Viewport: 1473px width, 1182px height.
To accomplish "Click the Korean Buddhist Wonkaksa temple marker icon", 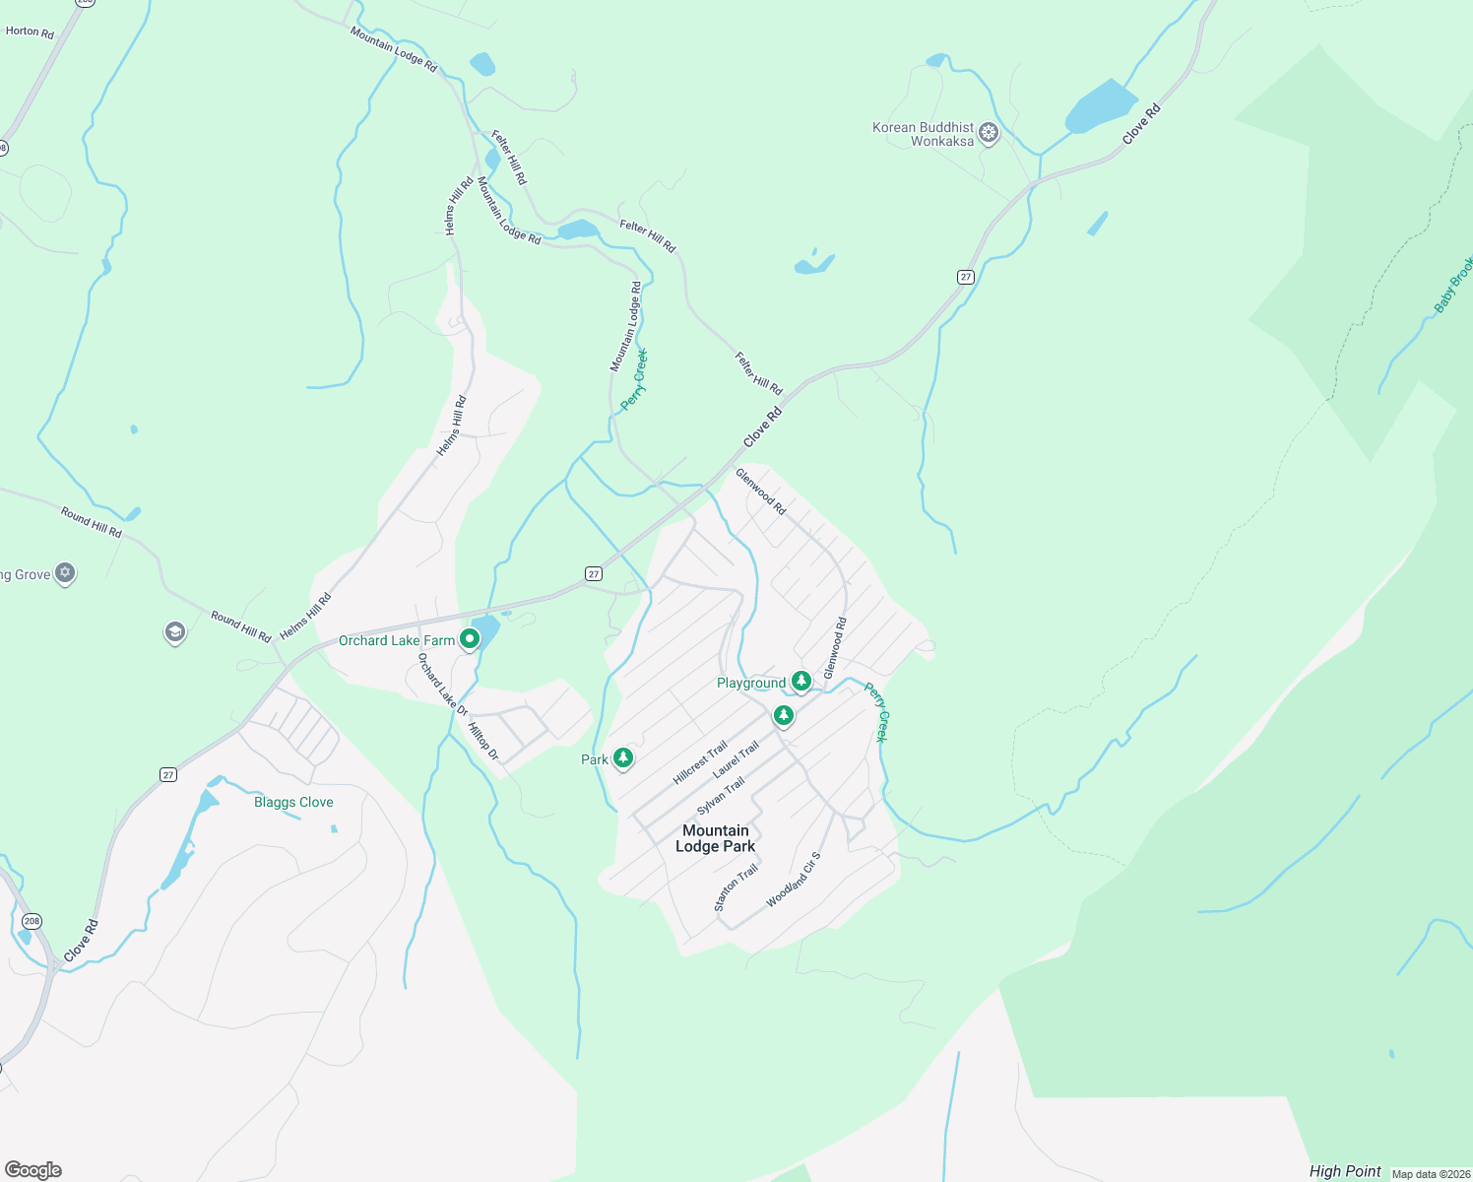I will click(989, 133).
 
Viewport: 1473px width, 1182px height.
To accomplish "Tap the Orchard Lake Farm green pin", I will click(470, 639).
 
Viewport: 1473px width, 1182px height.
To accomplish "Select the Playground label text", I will click(751, 683).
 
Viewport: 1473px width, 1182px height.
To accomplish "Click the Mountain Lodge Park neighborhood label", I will click(716, 838).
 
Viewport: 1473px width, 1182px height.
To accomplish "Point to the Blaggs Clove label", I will click(293, 802).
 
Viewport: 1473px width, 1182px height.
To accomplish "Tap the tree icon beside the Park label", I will click(622, 757).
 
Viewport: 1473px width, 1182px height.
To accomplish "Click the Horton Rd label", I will click(30, 32).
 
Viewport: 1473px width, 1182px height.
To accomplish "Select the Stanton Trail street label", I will click(736, 887).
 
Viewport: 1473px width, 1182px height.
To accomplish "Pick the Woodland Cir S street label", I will click(794, 880).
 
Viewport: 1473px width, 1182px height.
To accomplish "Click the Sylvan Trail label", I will click(721, 796).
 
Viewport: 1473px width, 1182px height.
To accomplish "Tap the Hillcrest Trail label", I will click(700, 762).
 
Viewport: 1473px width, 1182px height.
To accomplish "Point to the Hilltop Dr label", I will click(482, 742).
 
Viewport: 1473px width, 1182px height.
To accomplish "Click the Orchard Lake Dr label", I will click(442, 683).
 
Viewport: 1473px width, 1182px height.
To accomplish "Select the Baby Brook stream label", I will click(1453, 285).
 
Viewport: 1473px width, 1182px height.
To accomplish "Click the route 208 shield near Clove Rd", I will click(32, 922).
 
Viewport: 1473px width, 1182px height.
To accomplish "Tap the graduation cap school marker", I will click(175, 632).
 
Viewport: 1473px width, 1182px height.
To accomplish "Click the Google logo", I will click(33, 1170).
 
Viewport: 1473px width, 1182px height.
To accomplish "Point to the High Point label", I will click(1345, 1171).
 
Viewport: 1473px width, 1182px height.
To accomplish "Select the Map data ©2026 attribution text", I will click(1430, 1174).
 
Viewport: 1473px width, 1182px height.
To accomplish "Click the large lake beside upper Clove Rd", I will click(1101, 106).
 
